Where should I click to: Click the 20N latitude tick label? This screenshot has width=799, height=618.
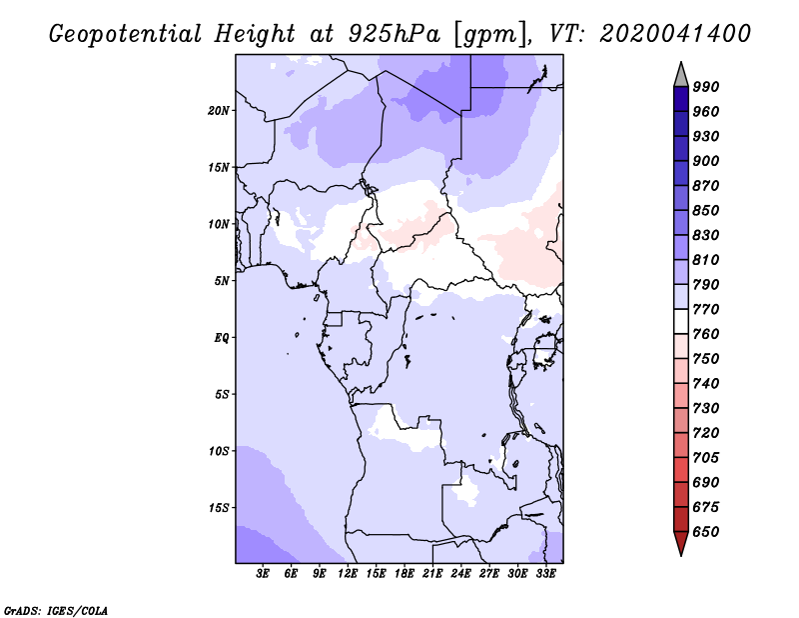coord(219,111)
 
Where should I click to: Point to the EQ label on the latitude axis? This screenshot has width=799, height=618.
coord(222,338)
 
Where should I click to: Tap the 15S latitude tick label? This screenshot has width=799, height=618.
coord(219,508)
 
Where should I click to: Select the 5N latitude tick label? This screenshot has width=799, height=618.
coord(222,281)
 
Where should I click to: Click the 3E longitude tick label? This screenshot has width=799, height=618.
coord(263,574)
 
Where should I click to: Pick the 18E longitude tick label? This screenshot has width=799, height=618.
coord(404,574)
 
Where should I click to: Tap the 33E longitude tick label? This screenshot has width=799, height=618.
coord(545,574)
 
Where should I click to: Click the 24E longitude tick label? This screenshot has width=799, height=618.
coord(460,574)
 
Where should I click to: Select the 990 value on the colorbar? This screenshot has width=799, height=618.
coord(706,87)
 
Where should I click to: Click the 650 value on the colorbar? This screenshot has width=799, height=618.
coord(706,532)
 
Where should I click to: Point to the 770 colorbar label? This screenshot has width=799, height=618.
coord(706,309)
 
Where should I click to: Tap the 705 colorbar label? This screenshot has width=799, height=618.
coord(706,458)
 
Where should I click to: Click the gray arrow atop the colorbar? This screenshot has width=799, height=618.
coord(681,76)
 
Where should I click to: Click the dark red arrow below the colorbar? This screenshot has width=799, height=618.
coord(681,542)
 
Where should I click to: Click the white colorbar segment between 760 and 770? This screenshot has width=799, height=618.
coord(681,322)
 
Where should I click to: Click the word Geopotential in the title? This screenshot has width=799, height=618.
coord(126,34)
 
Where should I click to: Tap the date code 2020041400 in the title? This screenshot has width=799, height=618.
coord(675,34)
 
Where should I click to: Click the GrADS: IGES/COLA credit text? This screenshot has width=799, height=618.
coord(56,610)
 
